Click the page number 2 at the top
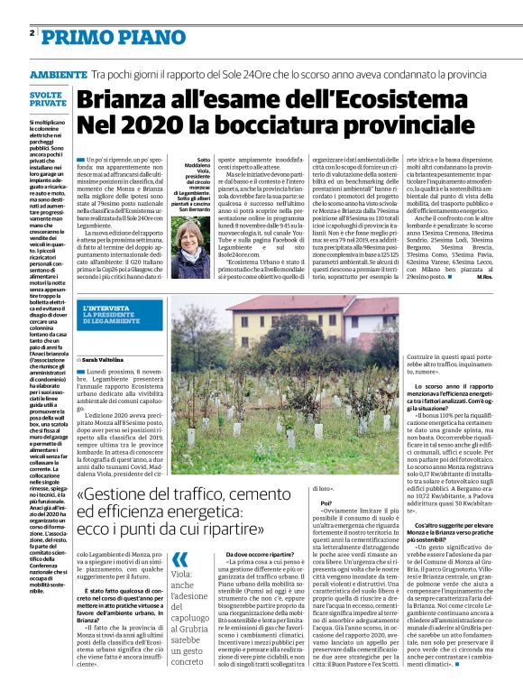pos(31,33)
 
